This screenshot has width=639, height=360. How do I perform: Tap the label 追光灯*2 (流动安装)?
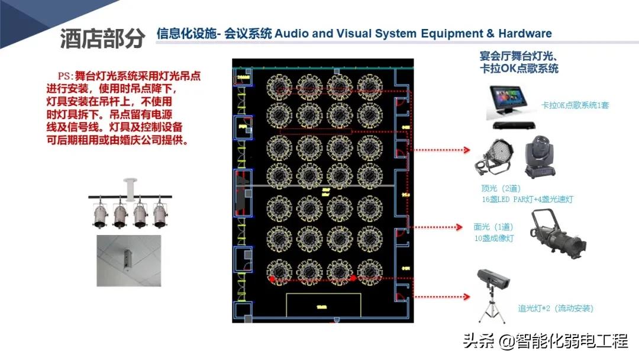click(x=556, y=308)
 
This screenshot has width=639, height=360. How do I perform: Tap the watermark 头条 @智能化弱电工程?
click(x=544, y=341)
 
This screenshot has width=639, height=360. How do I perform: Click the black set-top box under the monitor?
click(x=515, y=126)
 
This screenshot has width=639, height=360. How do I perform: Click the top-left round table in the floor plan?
click(x=279, y=87)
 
